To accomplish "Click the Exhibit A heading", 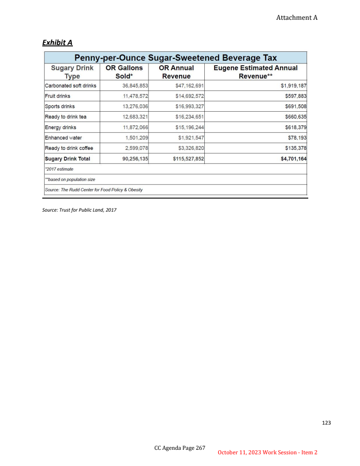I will tap(58, 43).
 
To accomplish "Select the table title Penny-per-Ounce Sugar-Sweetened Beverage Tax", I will tap(175, 58).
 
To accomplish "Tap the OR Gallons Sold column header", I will tap(124, 72).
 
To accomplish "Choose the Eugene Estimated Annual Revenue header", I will tap(255, 72).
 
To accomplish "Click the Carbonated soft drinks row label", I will tap(71, 86).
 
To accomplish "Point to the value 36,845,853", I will tap(135, 86).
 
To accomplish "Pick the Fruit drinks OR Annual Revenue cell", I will tap(190, 96).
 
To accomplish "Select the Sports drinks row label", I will tap(60, 106).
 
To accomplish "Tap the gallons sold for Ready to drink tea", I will tap(135, 117).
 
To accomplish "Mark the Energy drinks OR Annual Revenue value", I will tap(190, 127).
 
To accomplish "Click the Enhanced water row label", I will tap(63, 138).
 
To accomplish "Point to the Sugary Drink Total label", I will tap(67, 158).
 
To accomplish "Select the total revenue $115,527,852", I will tap(189, 158).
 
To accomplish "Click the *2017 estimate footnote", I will tap(59, 169).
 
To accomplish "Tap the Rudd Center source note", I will tap(94, 190).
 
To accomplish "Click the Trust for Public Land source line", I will tap(79, 209).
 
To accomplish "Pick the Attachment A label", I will tap(297, 18).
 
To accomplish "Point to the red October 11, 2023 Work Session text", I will tap(267, 452).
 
